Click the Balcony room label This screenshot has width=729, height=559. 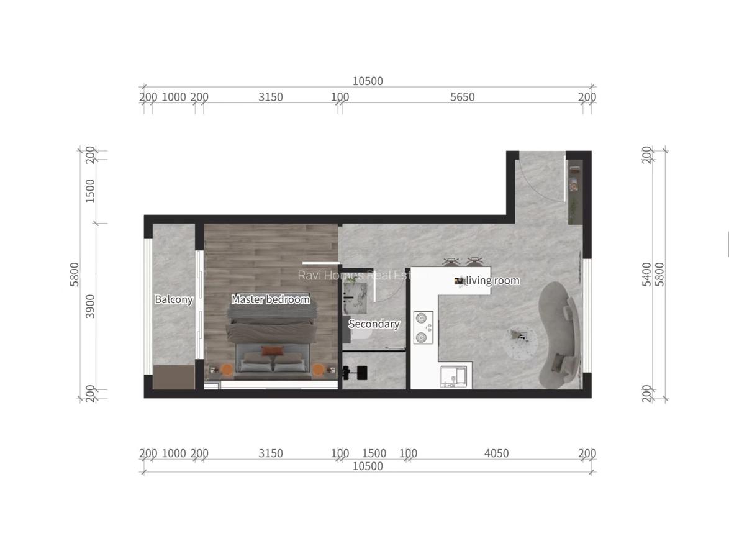(173, 299)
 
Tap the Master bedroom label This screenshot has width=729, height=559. (270, 299)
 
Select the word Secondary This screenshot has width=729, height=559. (373, 324)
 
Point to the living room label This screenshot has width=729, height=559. (492, 281)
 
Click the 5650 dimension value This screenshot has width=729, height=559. (462, 97)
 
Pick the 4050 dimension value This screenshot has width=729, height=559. (496, 453)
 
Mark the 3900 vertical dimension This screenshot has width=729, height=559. (91, 306)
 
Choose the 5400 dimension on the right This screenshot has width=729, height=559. (647, 274)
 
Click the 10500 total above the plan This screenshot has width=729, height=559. (368, 81)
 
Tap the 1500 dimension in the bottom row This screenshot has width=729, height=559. (374, 453)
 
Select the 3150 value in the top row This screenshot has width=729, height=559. (270, 97)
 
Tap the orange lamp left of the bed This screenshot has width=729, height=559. (227, 370)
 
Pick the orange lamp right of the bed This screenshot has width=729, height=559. (319, 370)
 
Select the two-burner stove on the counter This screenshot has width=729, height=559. (423, 327)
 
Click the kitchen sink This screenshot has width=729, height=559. (453, 376)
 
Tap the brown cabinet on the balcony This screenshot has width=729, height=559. (174, 378)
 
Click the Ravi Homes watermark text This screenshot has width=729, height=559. (354, 275)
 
